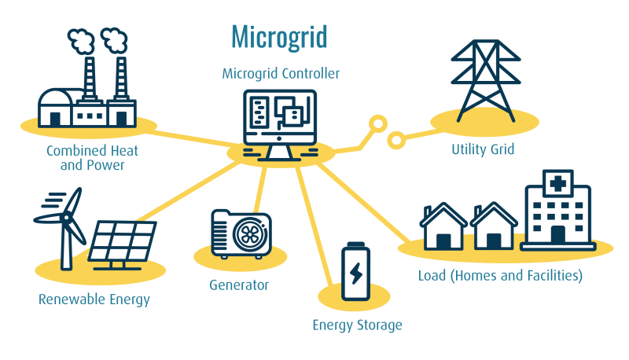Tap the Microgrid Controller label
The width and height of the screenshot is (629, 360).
[281, 74]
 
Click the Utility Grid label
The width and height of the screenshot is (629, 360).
[483, 149]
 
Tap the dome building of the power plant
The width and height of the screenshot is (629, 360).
[55, 106]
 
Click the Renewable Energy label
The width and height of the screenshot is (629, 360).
[94, 299]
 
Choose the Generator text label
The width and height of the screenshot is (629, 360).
[239, 285]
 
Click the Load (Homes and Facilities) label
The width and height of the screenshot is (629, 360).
[500, 276]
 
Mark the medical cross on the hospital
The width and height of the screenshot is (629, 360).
[557, 184]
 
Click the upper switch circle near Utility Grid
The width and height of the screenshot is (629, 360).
[378, 123]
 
